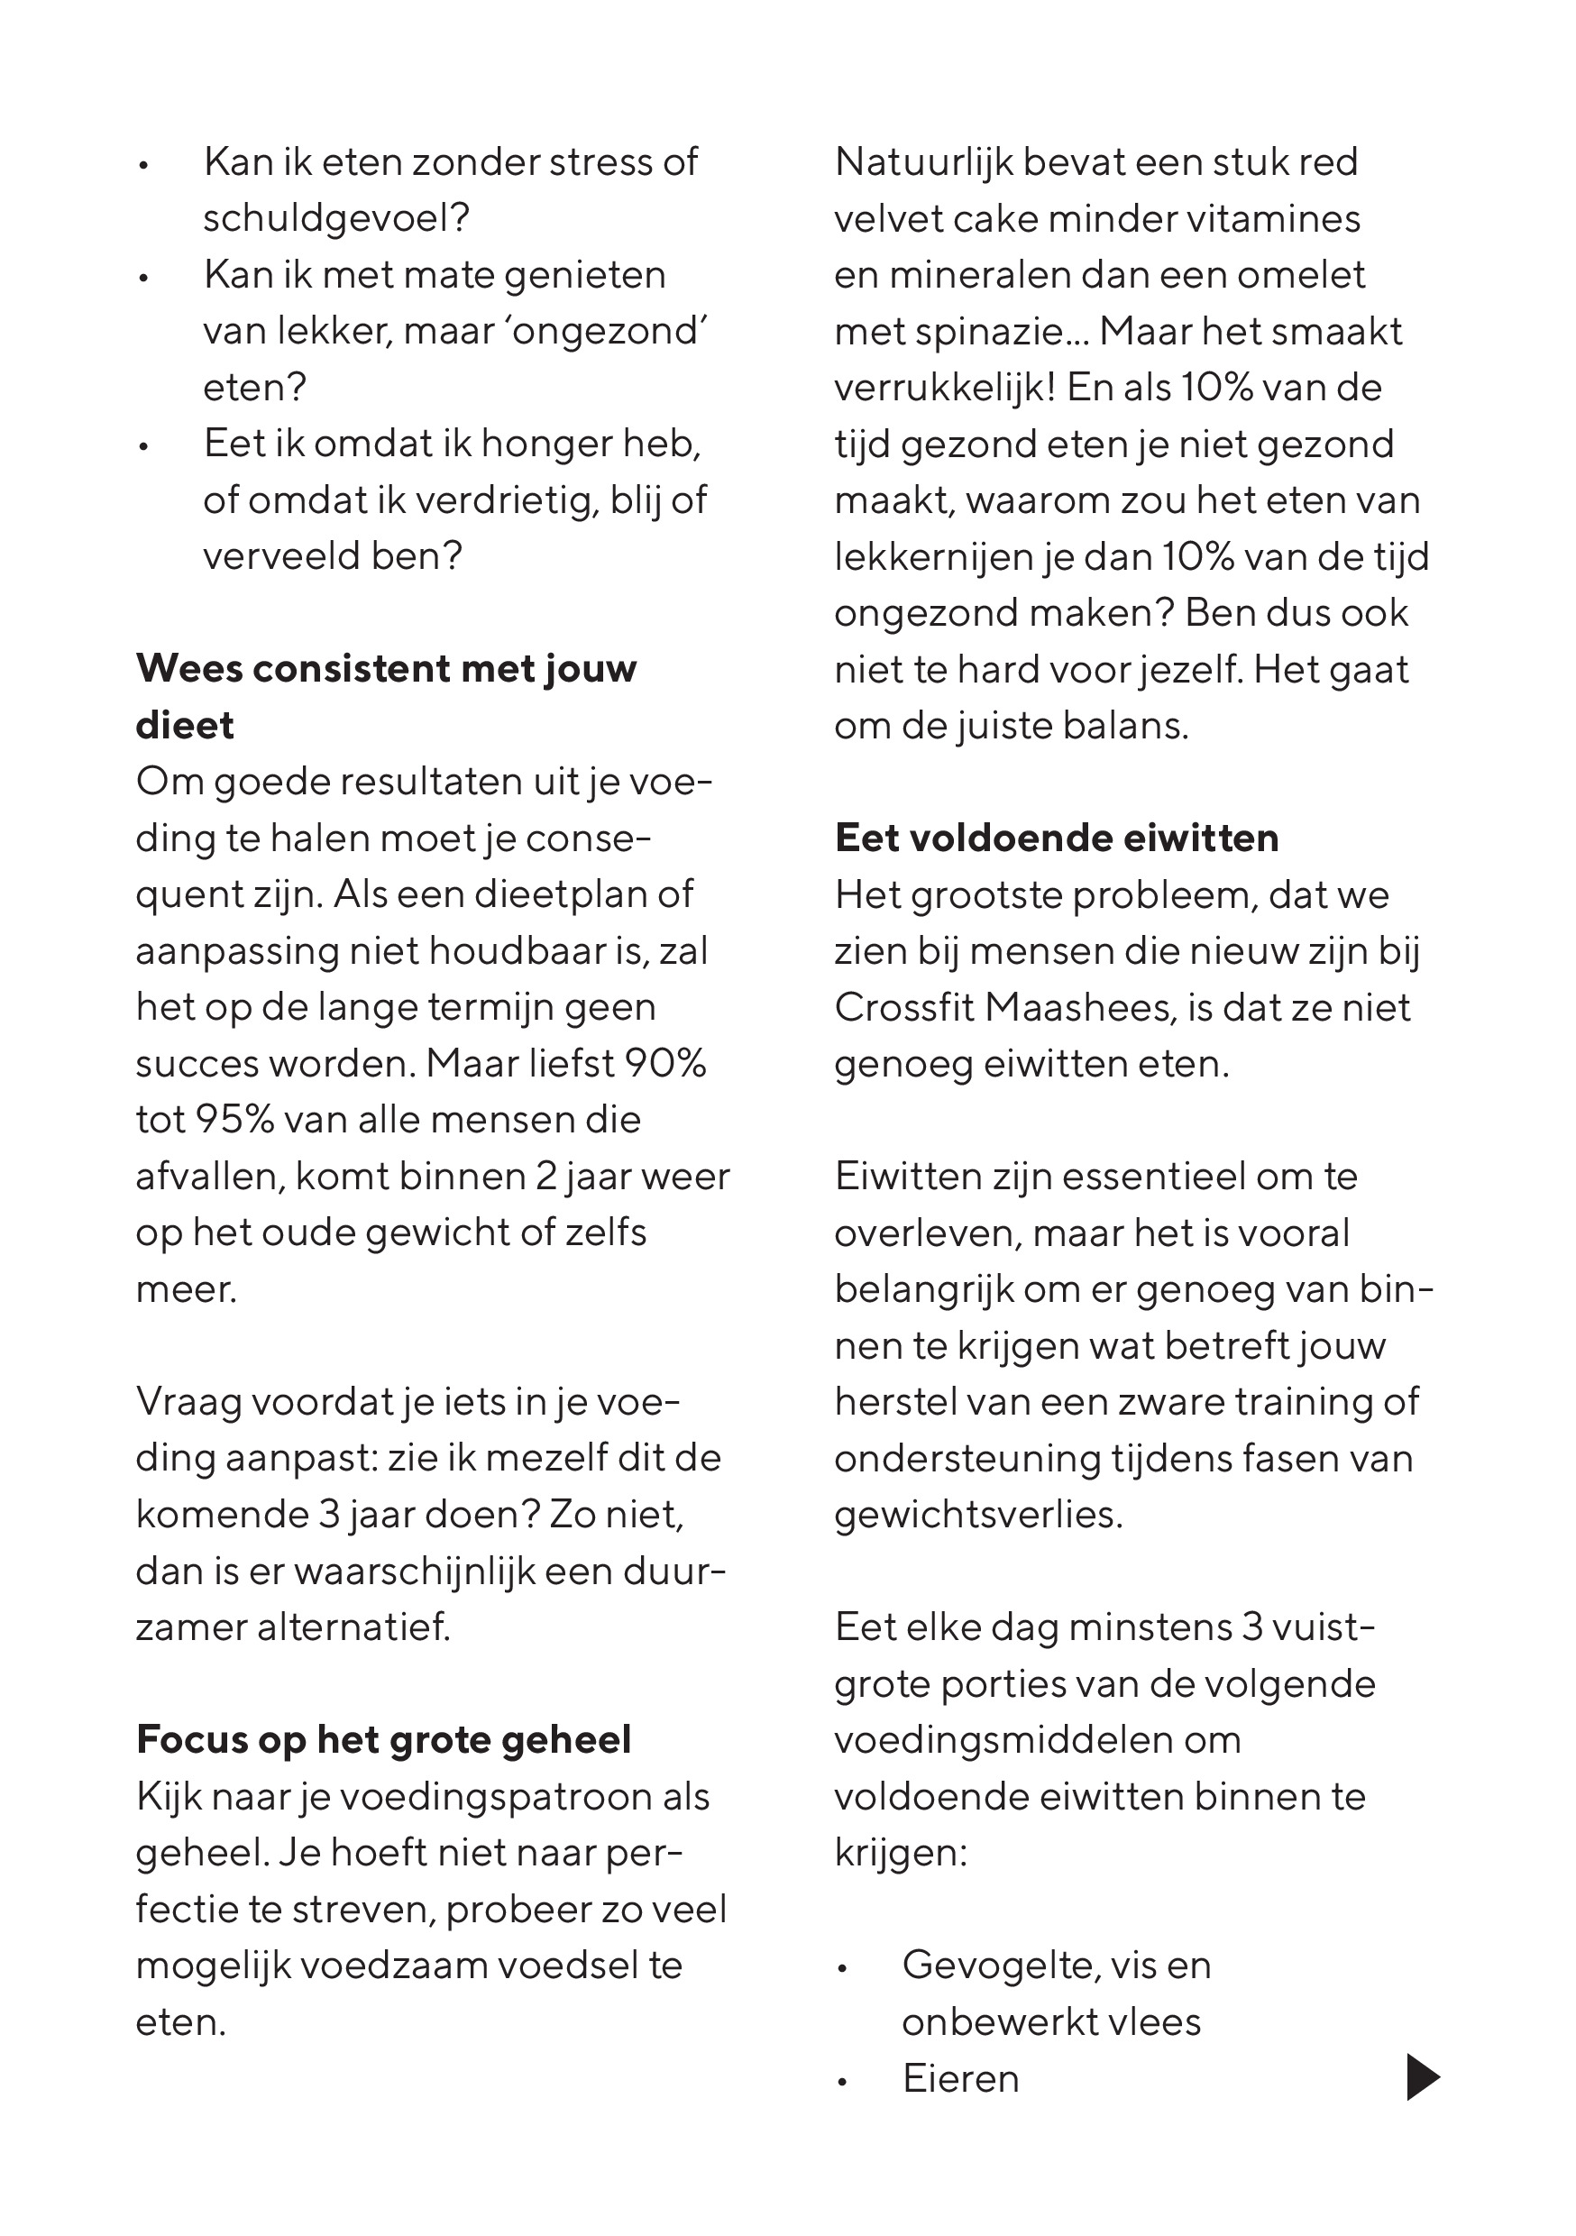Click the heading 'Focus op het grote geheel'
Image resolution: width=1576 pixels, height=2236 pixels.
click(384, 1739)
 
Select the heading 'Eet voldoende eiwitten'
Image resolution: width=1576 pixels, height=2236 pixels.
click(1056, 838)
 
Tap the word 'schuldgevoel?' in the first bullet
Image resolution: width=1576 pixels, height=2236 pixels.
click(336, 218)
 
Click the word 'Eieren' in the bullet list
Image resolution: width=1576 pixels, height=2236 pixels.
click(960, 2078)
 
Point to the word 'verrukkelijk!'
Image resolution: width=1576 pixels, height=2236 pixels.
click(945, 388)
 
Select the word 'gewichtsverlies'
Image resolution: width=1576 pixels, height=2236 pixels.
click(976, 1515)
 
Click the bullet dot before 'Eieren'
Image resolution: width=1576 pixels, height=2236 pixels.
click(844, 2081)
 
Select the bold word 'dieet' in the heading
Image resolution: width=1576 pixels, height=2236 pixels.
click(185, 726)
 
